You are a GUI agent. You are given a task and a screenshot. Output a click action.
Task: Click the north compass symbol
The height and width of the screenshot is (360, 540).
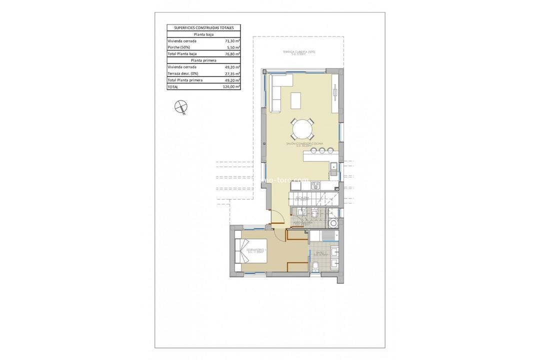pos(180,106)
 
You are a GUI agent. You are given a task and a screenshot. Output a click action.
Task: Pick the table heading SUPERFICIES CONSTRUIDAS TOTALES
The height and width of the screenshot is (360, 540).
pos(203,28)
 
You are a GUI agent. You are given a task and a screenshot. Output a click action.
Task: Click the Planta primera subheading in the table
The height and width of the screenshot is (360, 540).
pos(203,60)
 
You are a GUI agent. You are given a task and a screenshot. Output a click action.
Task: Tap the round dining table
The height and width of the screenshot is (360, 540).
pos(303,129)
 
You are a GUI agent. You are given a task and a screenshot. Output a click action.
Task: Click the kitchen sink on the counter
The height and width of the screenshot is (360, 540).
pos(333,168)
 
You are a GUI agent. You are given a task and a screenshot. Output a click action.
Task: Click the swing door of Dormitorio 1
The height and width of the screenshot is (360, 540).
pos(275,217)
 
